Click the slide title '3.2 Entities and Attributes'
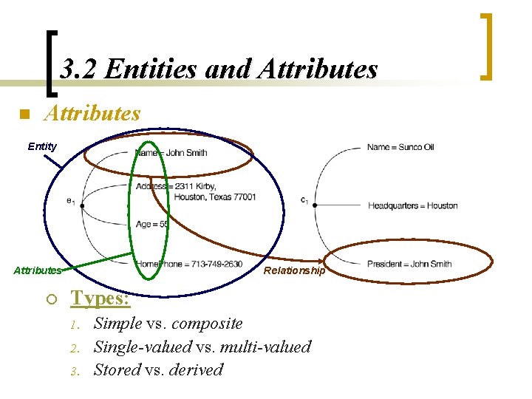[219, 69]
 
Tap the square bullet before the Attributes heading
[24, 115]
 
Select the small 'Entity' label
[42, 146]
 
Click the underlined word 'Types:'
[100, 299]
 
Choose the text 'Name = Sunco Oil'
[400, 147]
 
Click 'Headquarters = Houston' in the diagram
[412, 205]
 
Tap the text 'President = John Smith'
[409, 264]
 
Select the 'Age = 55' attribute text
[152, 224]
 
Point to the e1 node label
[70, 200]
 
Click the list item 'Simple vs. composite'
[168, 324]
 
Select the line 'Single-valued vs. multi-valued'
[202, 347]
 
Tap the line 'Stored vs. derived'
[157, 370]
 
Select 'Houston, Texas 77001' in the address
[196, 197]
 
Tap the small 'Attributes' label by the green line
[37, 270]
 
